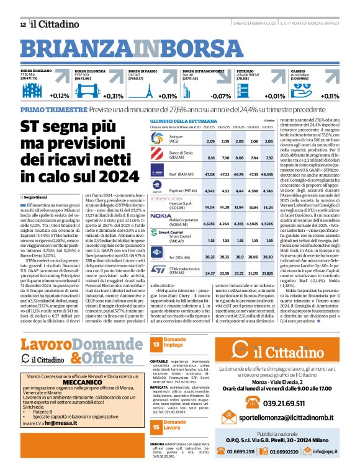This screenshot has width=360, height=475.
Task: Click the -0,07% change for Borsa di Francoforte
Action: [221, 96]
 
